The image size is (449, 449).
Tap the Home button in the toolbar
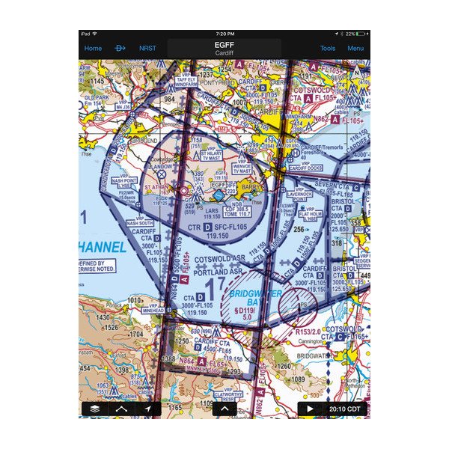[93, 48]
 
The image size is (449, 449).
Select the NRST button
[148, 48]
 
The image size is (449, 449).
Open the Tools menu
[328, 48]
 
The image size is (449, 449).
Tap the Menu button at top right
[355, 48]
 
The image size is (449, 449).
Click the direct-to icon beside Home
[120, 48]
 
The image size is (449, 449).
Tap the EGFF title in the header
[224, 45]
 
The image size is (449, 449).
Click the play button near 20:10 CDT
[309, 409]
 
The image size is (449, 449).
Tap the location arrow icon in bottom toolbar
[148, 409]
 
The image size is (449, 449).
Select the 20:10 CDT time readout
[343, 409]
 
